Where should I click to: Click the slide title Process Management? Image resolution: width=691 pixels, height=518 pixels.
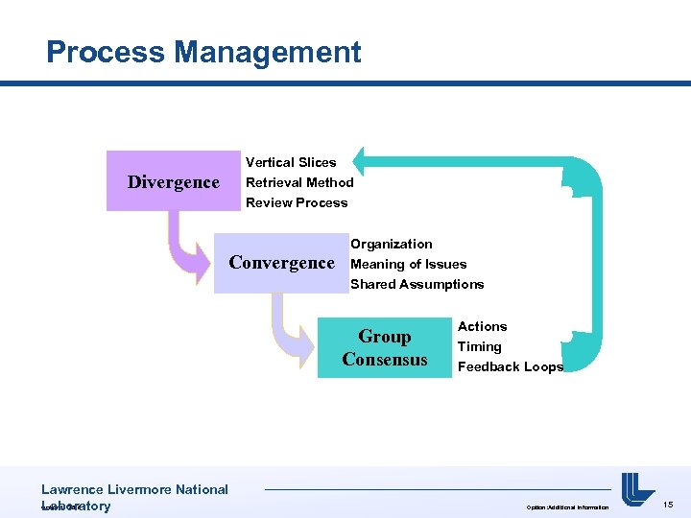point(203,52)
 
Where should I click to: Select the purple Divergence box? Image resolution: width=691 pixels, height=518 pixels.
point(173,181)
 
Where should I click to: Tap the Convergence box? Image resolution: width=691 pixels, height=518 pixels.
point(280,263)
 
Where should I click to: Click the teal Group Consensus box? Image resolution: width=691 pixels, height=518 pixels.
point(384,347)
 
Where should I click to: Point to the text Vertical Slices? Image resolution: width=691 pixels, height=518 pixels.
point(291,162)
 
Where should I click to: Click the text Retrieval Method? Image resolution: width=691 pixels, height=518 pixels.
point(299,182)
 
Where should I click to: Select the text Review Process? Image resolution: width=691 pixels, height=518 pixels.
point(297,202)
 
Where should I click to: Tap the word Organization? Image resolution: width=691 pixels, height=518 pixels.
point(391,244)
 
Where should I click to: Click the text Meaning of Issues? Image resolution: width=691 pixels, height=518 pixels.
point(408,264)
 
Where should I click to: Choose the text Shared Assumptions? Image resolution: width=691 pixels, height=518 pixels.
point(417,284)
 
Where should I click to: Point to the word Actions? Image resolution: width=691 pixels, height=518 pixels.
point(482,326)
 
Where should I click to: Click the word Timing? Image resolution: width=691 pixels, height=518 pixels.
point(479,346)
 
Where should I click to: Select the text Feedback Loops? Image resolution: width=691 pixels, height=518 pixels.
point(510,366)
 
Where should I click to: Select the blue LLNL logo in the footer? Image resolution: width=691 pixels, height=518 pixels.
point(637,489)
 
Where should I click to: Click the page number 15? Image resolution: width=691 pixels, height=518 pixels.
point(668,504)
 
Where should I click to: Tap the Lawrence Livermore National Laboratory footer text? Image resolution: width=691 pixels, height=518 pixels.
point(134,497)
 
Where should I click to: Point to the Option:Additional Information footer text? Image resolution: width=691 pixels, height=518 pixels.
point(566,506)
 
